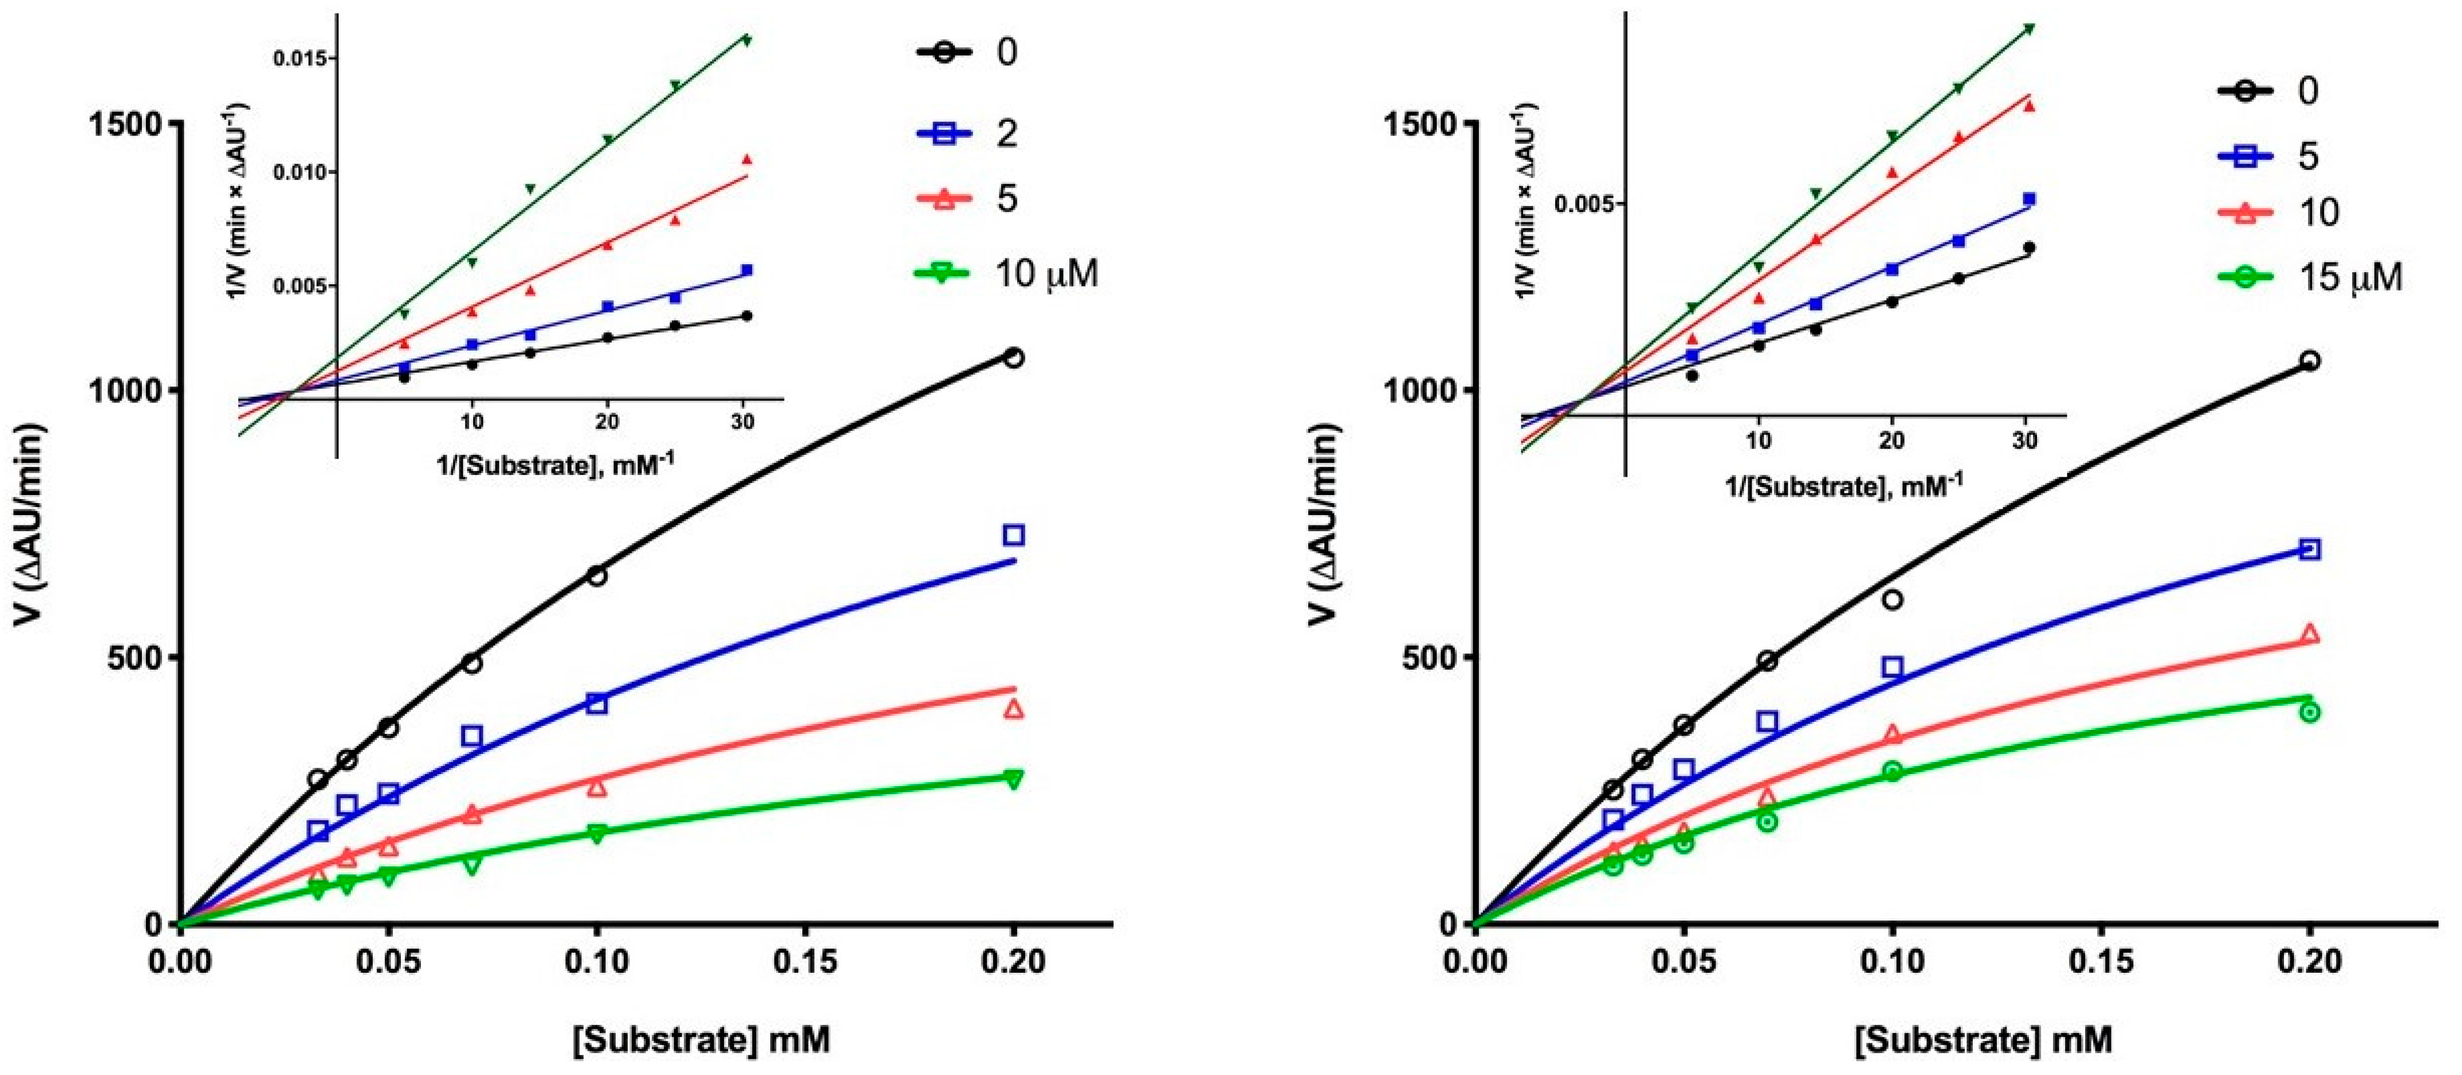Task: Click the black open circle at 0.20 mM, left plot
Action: click(x=1014, y=357)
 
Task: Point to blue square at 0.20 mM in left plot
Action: click(x=1014, y=535)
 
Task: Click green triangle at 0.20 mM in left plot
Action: click(x=1014, y=779)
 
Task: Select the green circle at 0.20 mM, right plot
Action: click(x=2309, y=712)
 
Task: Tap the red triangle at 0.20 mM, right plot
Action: click(x=2309, y=633)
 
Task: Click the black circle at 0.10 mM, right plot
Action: click(x=1891, y=600)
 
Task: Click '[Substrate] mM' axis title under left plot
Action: click(x=702, y=1039)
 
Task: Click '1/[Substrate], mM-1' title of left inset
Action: click(x=554, y=465)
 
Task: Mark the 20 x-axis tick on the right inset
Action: click(x=1891, y=440)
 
